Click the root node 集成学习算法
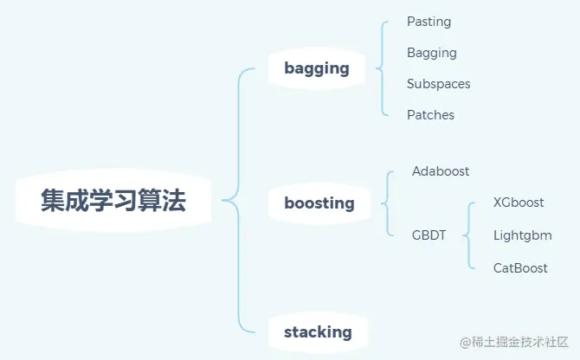pyautogui.click(x=113, y=202)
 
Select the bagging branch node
pyautogui.click(x=317, y=68)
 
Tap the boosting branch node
pyautogui.click(x=319, y=203)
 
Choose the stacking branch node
pyautogui.click(x=318, y=332)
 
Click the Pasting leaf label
pyautogui.click(x=429, y=22)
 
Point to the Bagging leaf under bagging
pyautogui.click(x=432, y=53)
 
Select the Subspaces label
pyautogui.click(x=439, y=84)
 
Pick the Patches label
pyautogui.click(x=430, y=115)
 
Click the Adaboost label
pyautogui.click(x=441, y=171)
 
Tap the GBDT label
pyautogui.click(x=429, y=235)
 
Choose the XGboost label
pyautogui.click(x=519, y=202)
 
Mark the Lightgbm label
pyautogui.click(x=522, y=235)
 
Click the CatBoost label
pyautogui.click(x=520, y=268)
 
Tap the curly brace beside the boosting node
pyautogui.click(x=386, y=203)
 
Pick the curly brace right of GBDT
pyautogui.click(x=468, y=235)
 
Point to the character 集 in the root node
pyautogui.click(x=54, y=202)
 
